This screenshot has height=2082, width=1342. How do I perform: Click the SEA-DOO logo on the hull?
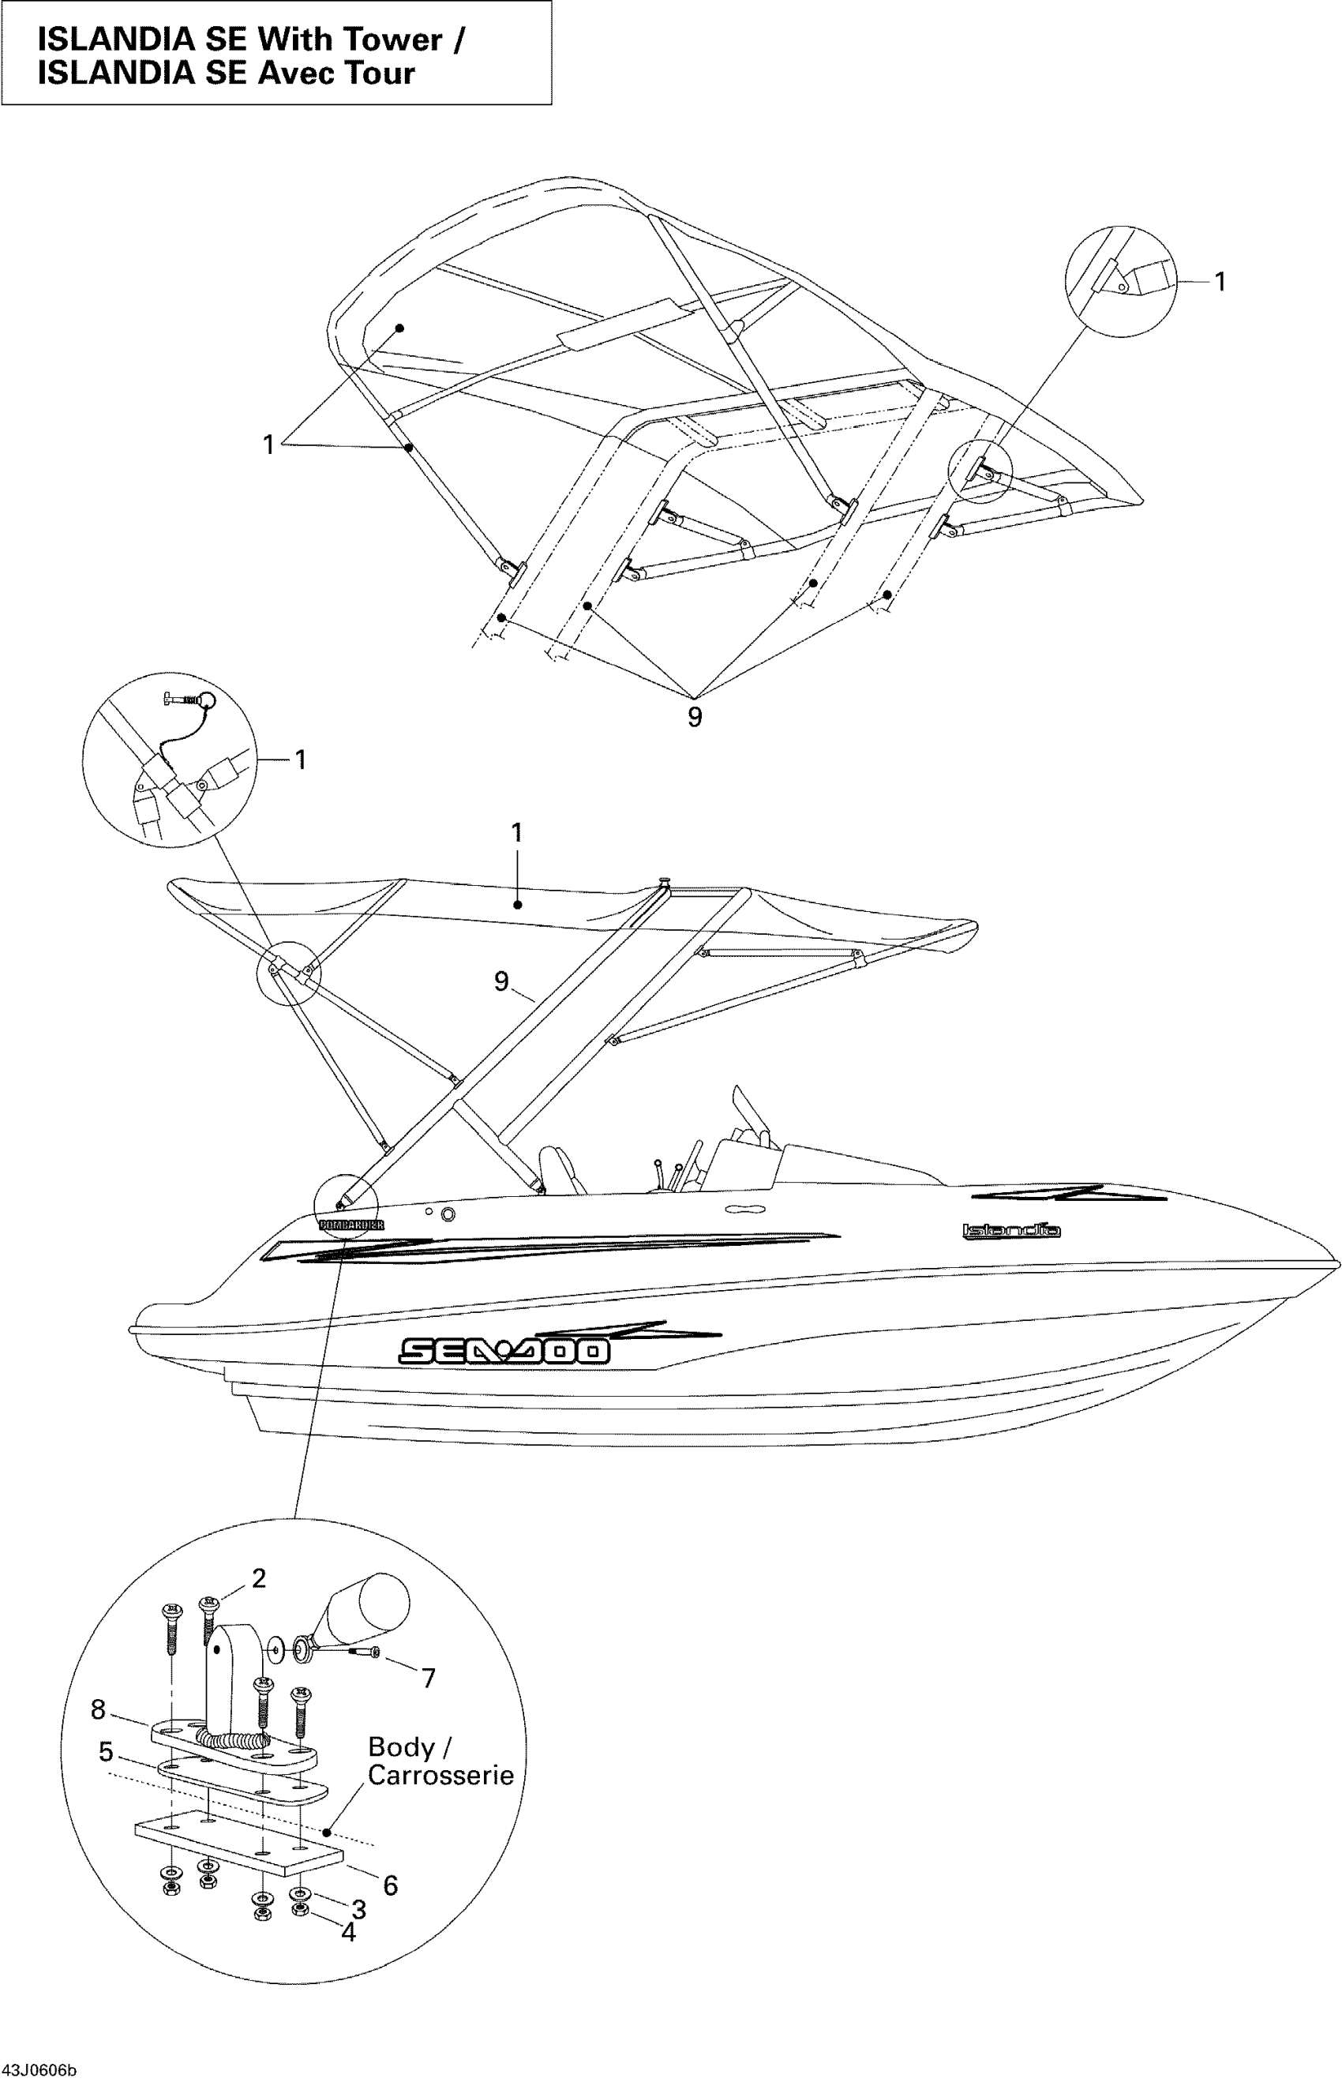[504, 1350]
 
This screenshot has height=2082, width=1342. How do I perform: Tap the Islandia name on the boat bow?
[1011, 1231]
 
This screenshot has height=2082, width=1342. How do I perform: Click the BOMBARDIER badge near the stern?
[351, 1225]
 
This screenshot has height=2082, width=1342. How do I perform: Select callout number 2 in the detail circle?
[259, 1578]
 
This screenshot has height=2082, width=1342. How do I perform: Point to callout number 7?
[428, 1678]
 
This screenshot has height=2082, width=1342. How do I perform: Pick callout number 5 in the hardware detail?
[107, 1751]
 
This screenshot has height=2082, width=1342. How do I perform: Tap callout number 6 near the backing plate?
[391, 1885]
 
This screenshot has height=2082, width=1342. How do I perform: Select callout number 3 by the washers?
[358, 1909]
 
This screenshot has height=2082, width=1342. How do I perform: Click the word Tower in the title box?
[392, 39]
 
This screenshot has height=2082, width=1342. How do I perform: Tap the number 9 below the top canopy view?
[695, 717]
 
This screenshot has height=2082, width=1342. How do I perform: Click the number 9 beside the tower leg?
[501, 981]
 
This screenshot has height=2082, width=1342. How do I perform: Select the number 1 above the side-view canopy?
[517, 833]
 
